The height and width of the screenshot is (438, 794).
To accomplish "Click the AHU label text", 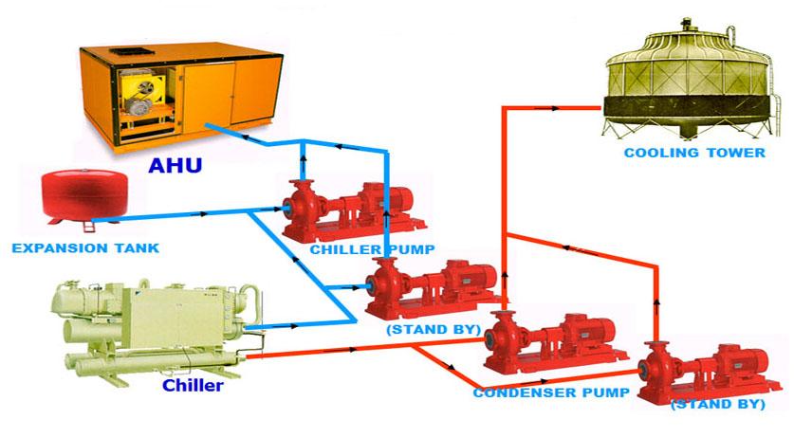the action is pos(175,166).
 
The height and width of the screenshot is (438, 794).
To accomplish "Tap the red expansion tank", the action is pos(84,195).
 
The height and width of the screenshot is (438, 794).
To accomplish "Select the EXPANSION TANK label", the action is pos(85,248).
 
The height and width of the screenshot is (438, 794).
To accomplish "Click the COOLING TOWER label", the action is pos(694,153).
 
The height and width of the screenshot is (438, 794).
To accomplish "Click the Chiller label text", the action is pos(193,385).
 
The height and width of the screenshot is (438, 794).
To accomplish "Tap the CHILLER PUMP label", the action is pos(372,249).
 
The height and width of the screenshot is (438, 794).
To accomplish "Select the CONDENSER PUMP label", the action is pos(551,392).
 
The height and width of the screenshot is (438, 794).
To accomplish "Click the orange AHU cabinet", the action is pos(181,100).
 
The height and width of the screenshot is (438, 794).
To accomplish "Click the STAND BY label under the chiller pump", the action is pos(434,330).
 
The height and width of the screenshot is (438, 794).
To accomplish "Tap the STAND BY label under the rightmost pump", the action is pos(717,404).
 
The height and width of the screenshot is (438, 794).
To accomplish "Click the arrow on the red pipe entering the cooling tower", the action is pos(552,108).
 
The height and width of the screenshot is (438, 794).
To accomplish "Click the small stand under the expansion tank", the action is pos(88,226).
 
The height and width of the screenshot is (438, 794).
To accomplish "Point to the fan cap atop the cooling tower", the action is pos(687,24).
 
